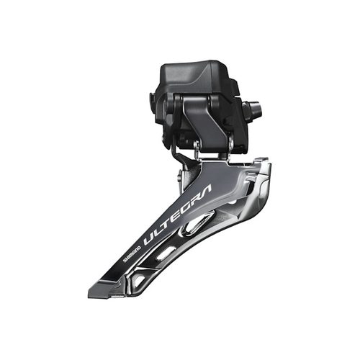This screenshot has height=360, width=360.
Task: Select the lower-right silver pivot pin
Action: (x=229, y=145)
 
